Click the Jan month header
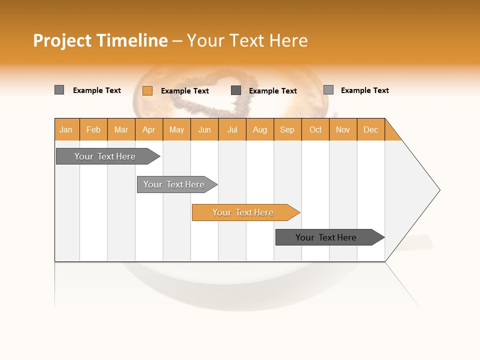pos(66,129)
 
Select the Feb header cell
pos(93,129)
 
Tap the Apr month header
pos(149,129)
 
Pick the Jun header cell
pos(204,129)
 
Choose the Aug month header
pos(260,129)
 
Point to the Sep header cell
pos(287,129)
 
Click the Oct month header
pos(315,129)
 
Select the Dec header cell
pos(371,129)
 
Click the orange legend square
pos(147,90)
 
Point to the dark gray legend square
pos(236,90)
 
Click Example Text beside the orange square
pos(185,91)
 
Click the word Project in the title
pos(61,40)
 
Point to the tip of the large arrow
pos(438,190)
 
